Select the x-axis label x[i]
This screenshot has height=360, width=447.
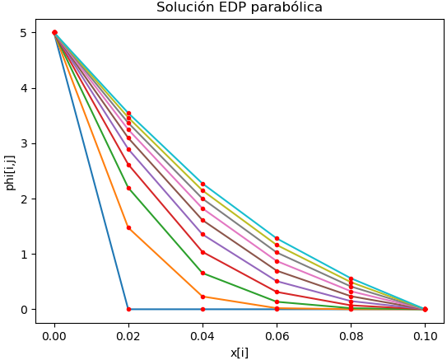(240, 352)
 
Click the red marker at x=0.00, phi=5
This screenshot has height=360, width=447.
(54, 33)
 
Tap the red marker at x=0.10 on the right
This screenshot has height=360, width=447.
(425, 309)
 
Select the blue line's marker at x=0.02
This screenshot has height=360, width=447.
(128, 309)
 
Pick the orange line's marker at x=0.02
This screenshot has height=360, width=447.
(128, 227)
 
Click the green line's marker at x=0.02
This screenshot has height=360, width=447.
(128, 188)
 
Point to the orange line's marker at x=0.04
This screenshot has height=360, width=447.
(203, 297)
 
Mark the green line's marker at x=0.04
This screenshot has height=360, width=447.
(203, 273)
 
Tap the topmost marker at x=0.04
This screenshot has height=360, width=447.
(203, 185)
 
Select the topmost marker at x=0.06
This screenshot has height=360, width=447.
(277, 238)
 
